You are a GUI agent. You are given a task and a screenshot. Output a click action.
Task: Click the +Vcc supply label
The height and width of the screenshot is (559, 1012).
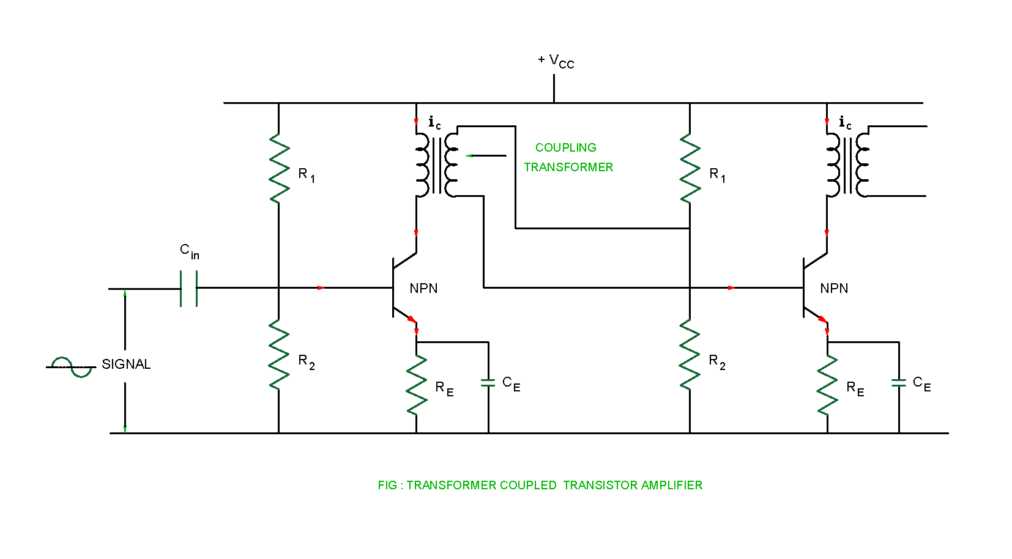[x=556, y=61]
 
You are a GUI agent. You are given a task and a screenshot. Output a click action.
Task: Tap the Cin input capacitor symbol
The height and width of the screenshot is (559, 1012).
[x=188, y=287]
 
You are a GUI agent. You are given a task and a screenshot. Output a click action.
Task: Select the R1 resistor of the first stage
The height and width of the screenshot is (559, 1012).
[x=279, y=168]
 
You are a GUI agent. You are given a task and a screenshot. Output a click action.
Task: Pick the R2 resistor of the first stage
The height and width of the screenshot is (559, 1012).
[x=279, y=355]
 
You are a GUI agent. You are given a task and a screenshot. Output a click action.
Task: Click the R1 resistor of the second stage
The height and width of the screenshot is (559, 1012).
[x=690, y=168]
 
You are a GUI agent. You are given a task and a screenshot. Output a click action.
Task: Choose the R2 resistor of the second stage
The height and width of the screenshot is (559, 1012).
[x=690, y=355]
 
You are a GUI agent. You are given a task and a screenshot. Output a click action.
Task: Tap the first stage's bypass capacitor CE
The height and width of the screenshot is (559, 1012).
[x=488, y=383]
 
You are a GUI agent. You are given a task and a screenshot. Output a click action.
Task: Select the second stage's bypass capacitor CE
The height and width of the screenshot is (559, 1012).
[x=899, y=383]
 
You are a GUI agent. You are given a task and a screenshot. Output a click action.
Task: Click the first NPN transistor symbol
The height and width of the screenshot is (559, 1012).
[x=401, y=287]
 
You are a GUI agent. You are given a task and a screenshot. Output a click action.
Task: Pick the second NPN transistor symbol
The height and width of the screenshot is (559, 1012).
[x=811, y=287]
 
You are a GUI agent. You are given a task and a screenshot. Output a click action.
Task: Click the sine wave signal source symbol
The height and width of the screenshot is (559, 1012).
[x=72, y=367]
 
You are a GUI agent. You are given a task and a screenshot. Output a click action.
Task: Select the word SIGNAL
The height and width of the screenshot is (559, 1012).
[x=126, y=365]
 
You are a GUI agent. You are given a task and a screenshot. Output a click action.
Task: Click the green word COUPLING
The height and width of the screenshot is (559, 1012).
[x=565, y=147]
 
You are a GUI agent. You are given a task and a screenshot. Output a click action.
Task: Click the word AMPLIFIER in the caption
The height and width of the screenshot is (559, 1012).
[x=672, y=485]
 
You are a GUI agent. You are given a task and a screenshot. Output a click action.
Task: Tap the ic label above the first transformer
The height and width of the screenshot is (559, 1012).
[x=434, y=123]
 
